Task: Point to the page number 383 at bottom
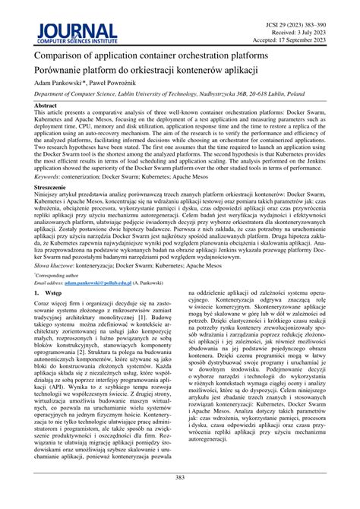coord(180,476)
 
